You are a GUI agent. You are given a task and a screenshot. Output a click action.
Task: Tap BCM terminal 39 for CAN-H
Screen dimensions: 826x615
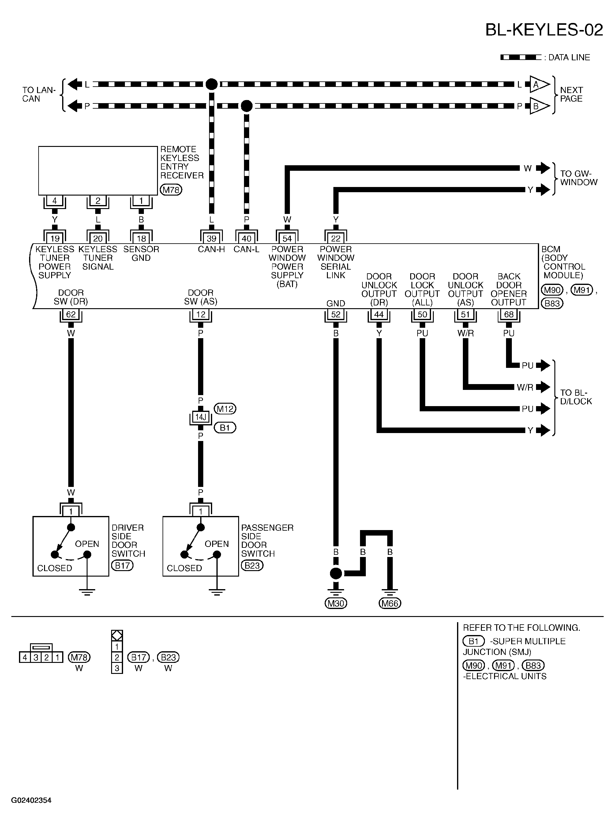pos(212,238)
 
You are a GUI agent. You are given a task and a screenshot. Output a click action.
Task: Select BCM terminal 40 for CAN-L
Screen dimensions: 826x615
pos(246,238)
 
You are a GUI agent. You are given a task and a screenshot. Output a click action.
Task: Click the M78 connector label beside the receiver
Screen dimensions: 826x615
pos(171,190)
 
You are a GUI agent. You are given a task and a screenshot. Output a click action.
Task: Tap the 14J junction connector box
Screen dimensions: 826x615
pos(201,417)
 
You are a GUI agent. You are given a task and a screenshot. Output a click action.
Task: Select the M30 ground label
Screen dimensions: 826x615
pos(336,604)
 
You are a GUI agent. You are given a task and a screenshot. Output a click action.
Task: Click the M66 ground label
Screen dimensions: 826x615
pos(390,604)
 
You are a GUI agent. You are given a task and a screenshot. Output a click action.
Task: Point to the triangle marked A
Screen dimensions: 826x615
pos(538,84)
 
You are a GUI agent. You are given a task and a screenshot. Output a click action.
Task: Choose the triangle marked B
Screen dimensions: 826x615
pos(538,106)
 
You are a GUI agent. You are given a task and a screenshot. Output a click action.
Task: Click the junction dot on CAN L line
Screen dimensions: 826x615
pos(212,84)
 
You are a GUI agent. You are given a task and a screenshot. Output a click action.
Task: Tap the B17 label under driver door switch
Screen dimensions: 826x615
pos(122,566)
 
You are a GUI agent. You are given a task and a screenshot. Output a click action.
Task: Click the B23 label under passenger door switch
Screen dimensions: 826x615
pos(252,566)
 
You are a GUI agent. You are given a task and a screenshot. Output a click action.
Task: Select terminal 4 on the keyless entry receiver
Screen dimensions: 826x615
pos(55,201)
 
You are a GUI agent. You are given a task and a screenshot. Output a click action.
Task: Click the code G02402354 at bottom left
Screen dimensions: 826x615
pos(31,800)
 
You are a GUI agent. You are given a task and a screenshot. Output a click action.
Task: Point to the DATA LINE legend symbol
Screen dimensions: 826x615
pos(520,57)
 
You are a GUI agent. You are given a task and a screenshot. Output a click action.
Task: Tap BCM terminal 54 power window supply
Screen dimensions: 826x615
pos(287,238)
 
